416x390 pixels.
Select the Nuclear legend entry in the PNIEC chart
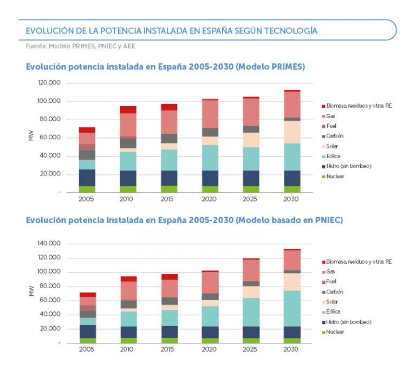[x=335, y=332]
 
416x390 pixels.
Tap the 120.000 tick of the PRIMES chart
[x=48, y=83]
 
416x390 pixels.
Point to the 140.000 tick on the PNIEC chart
[x=48, y=243]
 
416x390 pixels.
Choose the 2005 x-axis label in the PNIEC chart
[x=87, y=350]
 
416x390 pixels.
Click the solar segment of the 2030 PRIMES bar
[x=291, y=132]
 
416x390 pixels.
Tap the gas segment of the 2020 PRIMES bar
[x=210, y=114]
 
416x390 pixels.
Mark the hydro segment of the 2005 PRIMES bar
[x=87, y=178]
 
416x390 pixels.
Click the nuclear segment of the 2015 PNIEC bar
[x=169, y=341]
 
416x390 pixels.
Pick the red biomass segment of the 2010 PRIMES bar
[x=128, y=110]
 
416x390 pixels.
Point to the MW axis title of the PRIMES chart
[x=31, y=138]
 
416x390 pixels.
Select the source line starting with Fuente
[x=81, y=47]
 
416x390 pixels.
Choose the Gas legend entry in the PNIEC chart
[x=330, y=272]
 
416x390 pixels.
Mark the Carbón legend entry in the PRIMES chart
[x=334, y=136]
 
